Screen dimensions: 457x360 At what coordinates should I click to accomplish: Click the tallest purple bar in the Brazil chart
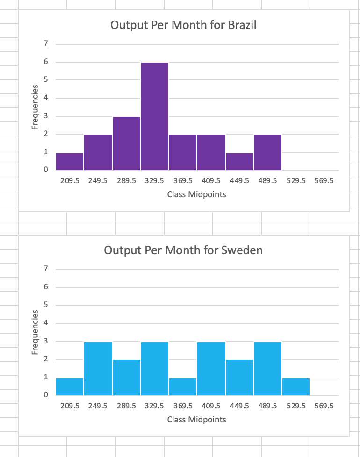click(x=155, y=117)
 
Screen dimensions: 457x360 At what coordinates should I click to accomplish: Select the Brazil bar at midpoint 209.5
click(x=70, y=162)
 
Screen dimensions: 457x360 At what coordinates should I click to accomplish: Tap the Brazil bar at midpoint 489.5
click(x=268, y=152)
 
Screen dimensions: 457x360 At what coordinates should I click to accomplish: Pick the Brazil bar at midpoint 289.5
click(x=126, y=143)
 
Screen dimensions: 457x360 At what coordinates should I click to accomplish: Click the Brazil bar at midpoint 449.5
click(x=239, y=162)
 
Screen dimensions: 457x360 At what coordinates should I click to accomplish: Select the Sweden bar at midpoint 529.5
click(x=296, y=386)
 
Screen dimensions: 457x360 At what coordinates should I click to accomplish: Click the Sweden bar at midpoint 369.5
click(x=183, y=386)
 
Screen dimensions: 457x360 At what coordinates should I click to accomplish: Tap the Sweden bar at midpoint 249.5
click(x=98, y=369)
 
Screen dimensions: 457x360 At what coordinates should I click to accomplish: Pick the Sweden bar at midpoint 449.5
click(x=239, y=378)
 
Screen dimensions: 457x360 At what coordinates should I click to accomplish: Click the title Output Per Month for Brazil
click(x=183, y=25)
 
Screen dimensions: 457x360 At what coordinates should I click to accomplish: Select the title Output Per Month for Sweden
click(x=183, y=250)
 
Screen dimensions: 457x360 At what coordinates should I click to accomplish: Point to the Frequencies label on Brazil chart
click(x=35, y=107)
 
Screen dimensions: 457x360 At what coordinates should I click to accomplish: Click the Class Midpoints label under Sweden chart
click(x=196, y=419)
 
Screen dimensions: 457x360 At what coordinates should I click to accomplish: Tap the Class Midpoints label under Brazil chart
click(x=196, y=194)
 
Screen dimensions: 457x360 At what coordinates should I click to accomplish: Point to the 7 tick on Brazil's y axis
click(x=46, y=44)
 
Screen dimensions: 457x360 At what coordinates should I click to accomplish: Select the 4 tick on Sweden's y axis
click(x=46, y=323)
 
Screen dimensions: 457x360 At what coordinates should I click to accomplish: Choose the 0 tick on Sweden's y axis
click(x=46, y=395)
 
